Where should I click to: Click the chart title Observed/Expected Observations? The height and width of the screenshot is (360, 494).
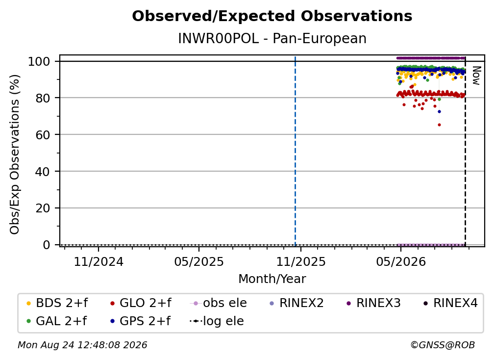(272, 16)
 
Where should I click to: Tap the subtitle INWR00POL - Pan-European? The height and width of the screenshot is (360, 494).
(272, 39)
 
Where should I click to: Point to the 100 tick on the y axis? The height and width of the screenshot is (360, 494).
(39, 61)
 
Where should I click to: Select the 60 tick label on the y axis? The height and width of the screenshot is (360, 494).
(43, 135)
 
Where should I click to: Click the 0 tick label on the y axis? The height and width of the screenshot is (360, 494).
(47, 245)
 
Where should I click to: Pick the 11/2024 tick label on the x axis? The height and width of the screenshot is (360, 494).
(99, 262)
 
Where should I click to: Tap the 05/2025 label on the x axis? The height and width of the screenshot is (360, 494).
(199, 262)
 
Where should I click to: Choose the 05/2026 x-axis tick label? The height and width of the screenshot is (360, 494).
(401, 262)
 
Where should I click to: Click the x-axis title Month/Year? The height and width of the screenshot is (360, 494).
(272, 279)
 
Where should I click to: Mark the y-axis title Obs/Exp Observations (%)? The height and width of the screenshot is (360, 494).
(15, 154)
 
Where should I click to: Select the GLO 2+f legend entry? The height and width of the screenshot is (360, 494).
(141, 303)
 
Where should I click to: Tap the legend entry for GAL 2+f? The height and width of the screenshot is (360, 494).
(56, 321)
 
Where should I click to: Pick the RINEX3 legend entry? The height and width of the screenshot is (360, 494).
(373, 303)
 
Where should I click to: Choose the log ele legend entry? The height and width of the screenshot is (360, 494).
(217, 321)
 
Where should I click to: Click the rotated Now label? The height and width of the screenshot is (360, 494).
(476, 76)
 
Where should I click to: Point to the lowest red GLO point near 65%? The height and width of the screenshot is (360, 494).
(439, 125)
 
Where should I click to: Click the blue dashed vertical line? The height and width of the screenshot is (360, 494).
(295, 151)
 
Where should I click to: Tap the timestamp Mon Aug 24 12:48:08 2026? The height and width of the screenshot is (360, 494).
(82, 345)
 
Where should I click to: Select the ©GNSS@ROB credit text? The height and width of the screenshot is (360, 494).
(443, 345)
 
